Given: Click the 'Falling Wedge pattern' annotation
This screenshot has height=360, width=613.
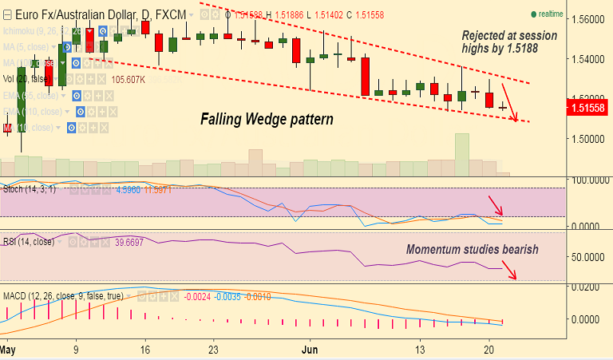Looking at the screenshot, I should pyautogui.click(x=266, y=120).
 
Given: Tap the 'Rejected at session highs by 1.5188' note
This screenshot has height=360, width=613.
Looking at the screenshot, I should pyautogui.click(x=511, y=42).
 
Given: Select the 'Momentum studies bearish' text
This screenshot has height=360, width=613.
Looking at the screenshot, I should pyautogui.click(x=472, y=250).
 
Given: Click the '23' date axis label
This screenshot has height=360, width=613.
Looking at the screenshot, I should pyautogui.click(x=212, y=350).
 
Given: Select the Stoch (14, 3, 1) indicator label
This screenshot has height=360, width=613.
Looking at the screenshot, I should pyautogui.click(x=29, y=190).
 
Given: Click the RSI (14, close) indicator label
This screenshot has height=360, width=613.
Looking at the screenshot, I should pyautogui.click(x=29, y=241).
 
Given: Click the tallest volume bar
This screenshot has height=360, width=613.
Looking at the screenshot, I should pyautogui.click(x=461, y=154).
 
